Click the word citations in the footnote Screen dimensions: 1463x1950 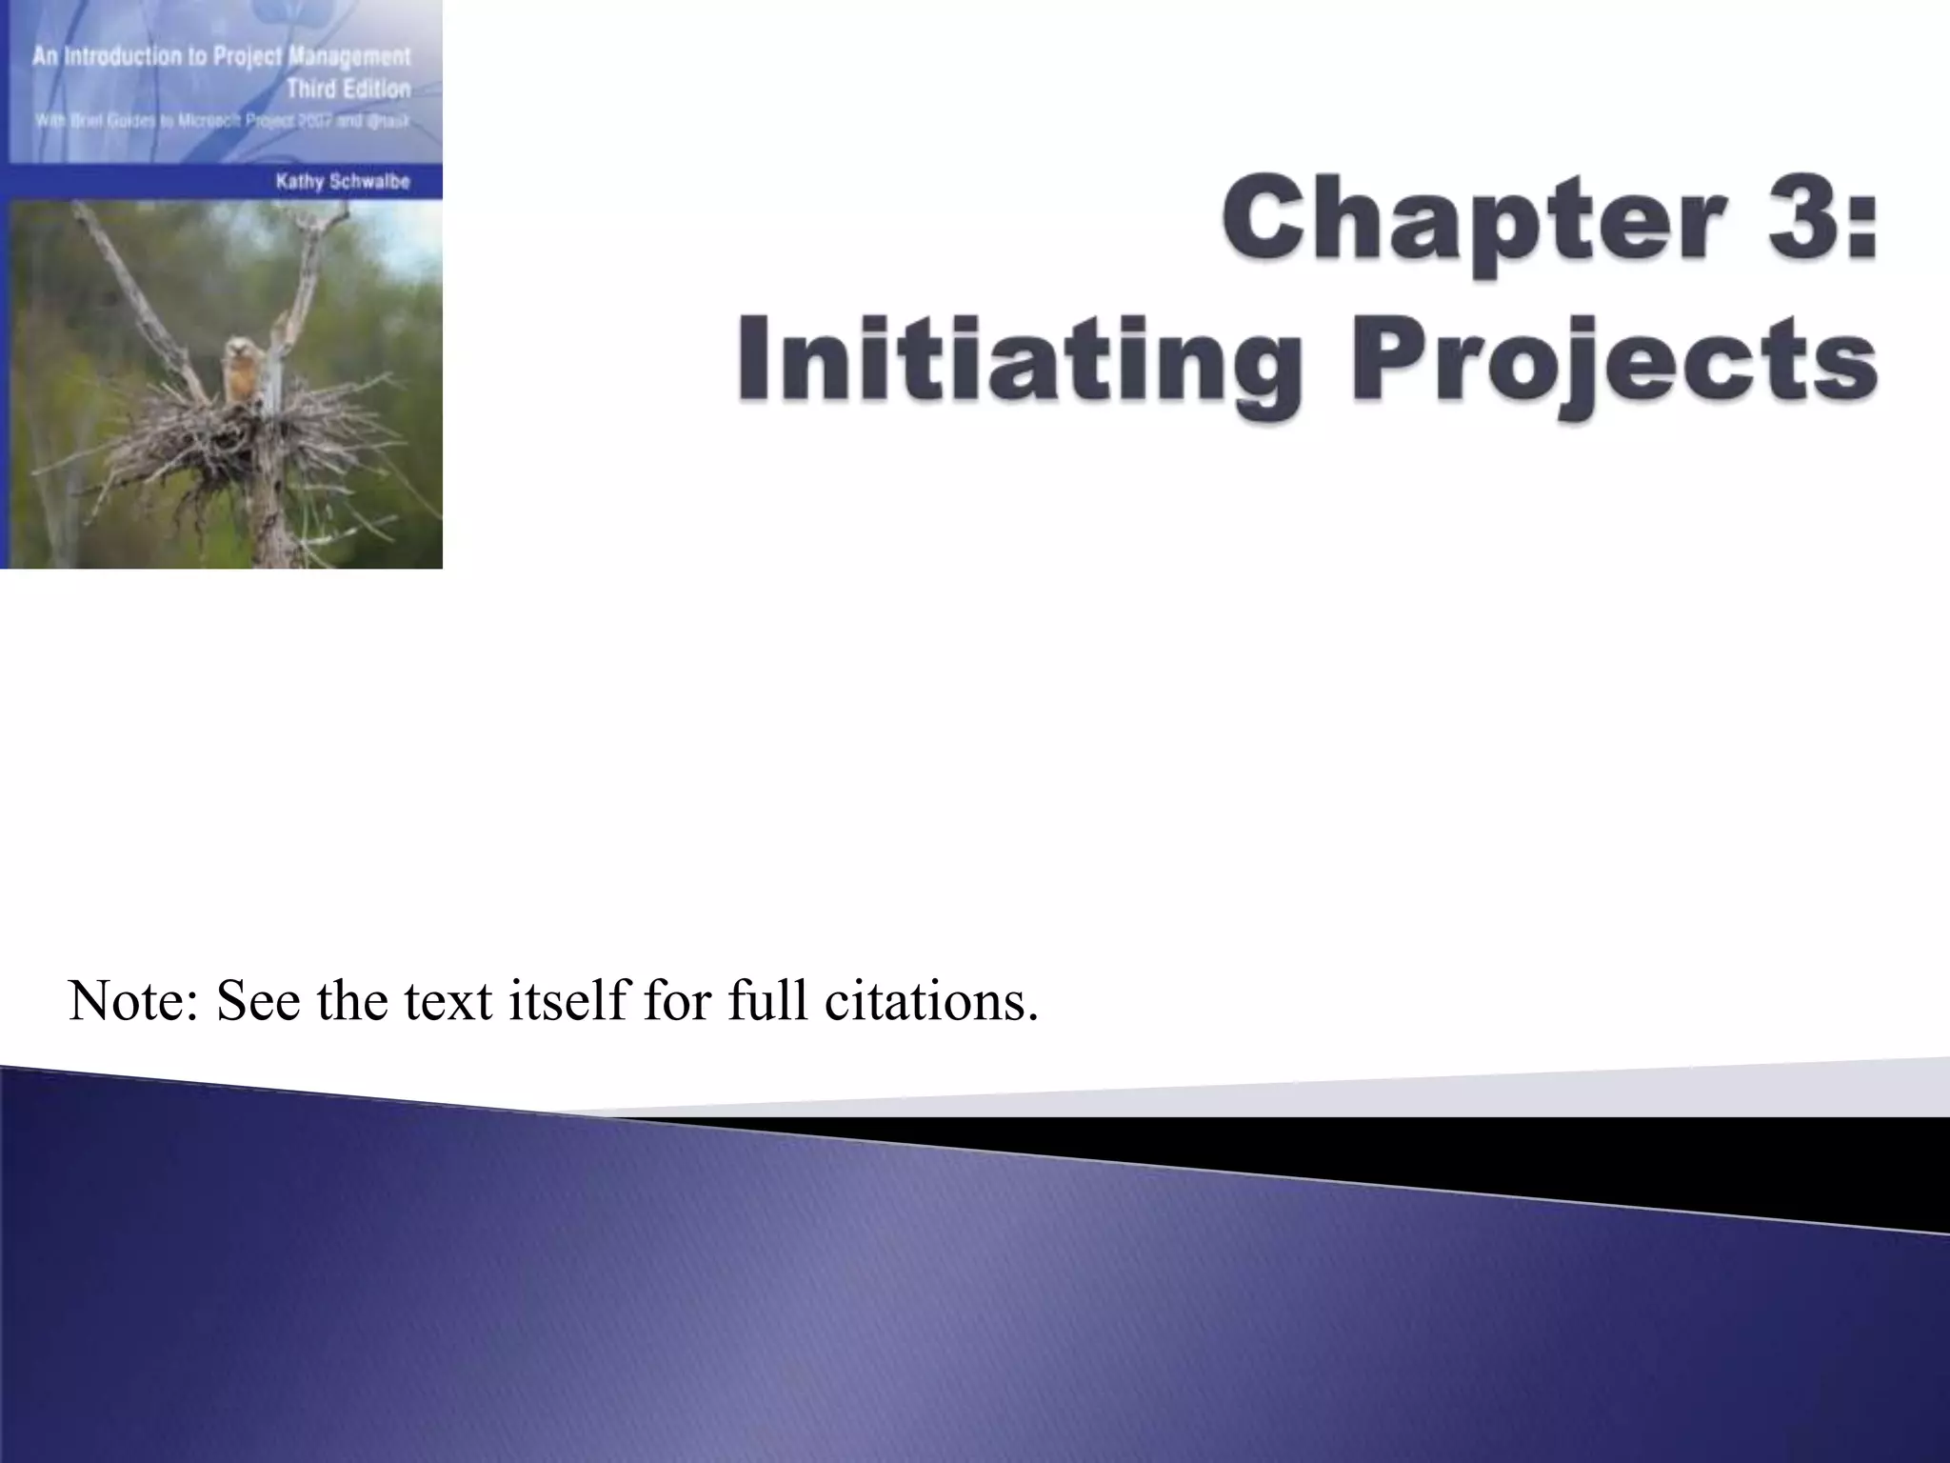[931, 1001]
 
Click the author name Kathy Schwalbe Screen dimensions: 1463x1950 [343, 182]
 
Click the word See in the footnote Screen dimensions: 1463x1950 [258, 1001]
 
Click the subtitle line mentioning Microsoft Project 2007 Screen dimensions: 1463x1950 [222, 122]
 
